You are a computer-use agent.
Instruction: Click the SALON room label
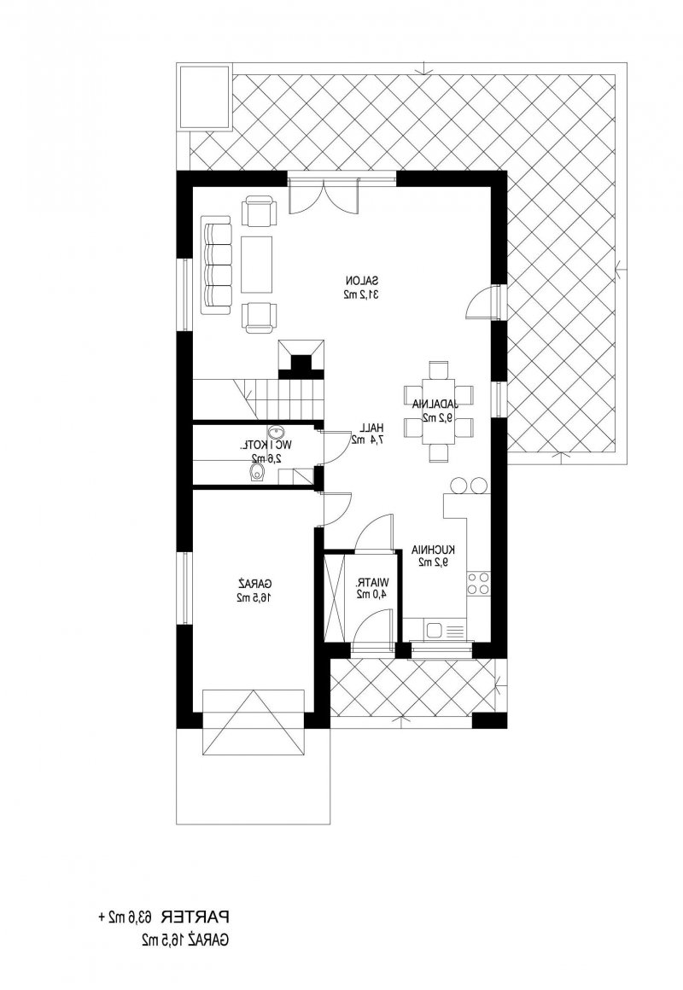pyautogui.click(x=361, y=280)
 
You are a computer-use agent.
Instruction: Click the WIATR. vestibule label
pyautogui.click(x=373, y=581)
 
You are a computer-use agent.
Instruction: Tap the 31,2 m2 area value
pyautogui.click(x=361, y=294)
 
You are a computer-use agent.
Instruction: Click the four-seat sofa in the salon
pyautogui.click(x=216, y=265)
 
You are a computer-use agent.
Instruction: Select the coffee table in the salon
pyautogui.click(x=256, y=265)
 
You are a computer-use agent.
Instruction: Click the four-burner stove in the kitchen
pyautogui.click(x=477, y=583)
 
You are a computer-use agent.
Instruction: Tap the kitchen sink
pyautogui.click(x=435, y=630)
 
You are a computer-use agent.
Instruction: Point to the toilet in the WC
pyautogui.click(x=256, y=474)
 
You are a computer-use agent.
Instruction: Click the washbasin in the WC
pyautogui.click(x=276, y=434)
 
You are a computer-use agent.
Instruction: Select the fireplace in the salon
pyautogui.click(x=302, y=358)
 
